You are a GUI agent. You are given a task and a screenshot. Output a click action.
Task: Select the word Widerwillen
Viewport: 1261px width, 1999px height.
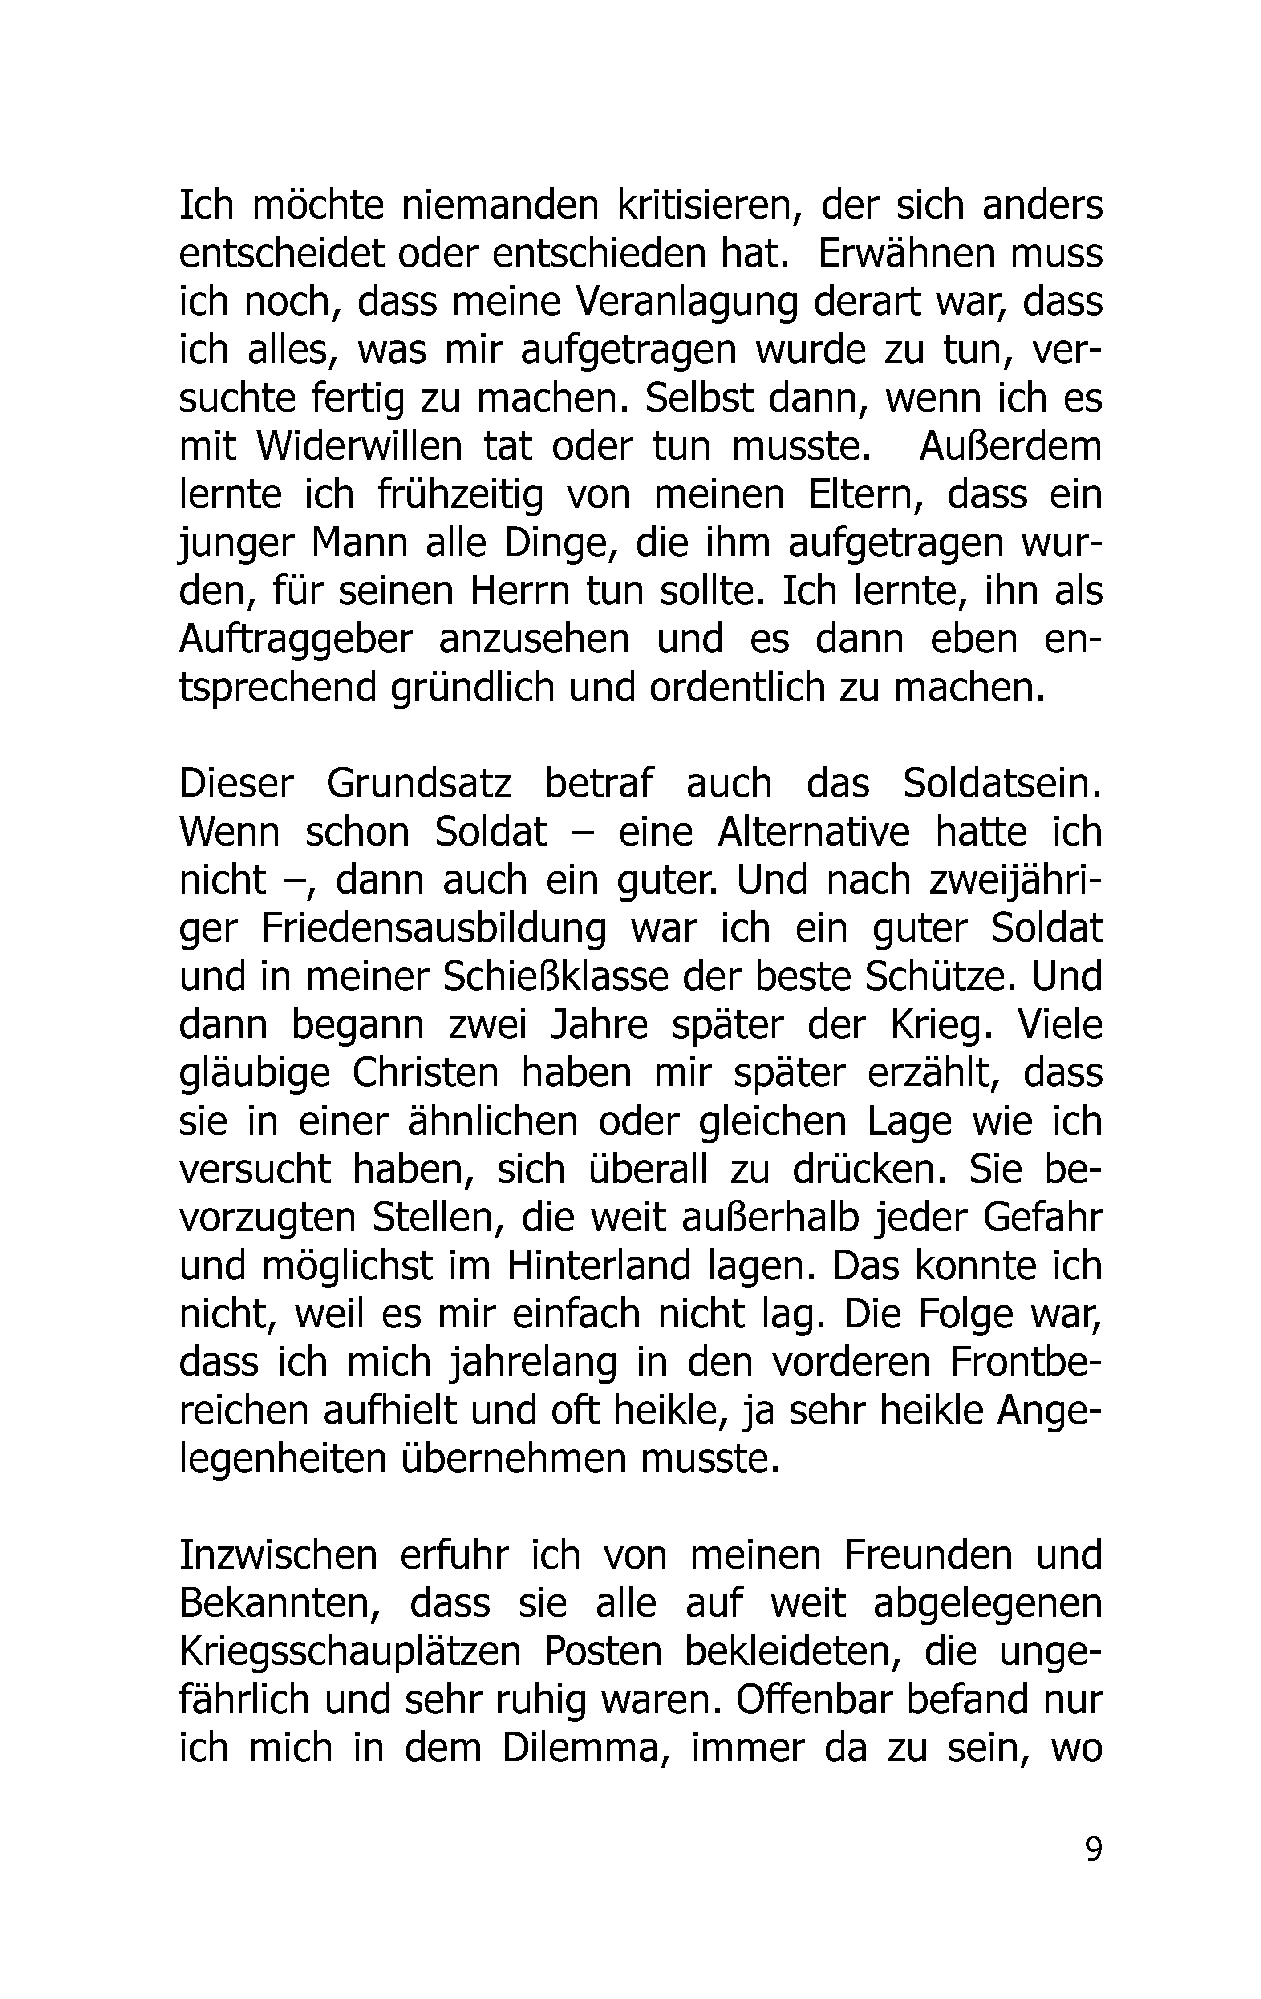359,447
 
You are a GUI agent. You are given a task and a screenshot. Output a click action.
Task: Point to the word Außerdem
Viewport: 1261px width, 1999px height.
1010,447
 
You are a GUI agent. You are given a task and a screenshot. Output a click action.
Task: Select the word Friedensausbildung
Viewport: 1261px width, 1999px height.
434,929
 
